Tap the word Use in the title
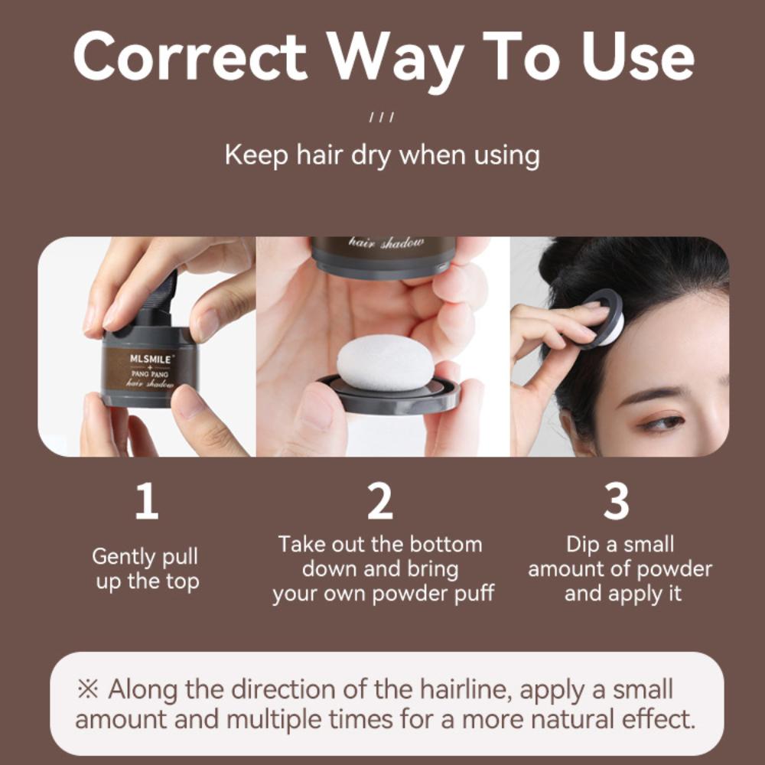(638, 57)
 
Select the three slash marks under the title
(382, 118)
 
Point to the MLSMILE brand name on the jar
(151, 359)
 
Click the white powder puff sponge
(386, 363)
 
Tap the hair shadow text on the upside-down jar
(386, 243)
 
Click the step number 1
(147, 501)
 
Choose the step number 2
(380, 501)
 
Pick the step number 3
(616, 501)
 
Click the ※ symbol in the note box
(88, 689)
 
